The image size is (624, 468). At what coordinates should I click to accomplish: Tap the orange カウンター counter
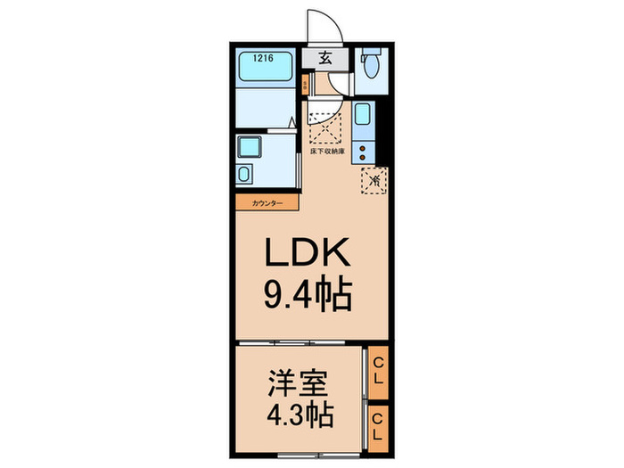click(267, 203)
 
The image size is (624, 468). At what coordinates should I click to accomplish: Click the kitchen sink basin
click(364, 116)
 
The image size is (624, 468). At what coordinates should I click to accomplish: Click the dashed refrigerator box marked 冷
click(375, 181)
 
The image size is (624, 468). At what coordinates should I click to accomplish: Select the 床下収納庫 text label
click(325, 151)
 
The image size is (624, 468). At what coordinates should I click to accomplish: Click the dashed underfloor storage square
click(324, 130)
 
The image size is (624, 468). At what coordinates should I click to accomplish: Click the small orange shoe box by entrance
click(306, 86)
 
